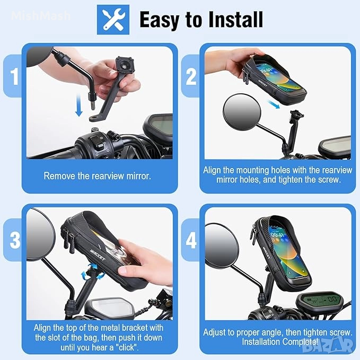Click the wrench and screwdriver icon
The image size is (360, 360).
tap(113, 20)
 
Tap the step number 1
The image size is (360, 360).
tap(14, 76)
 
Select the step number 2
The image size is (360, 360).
tap(191, 77)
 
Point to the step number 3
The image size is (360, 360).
tap(15, 240)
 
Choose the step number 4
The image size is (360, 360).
tap(191, 240)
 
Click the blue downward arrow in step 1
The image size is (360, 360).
tap(79, 106)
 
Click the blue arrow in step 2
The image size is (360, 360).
tap(274, 104)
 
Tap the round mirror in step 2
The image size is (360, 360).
tap(242, 112)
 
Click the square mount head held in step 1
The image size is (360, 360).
tap(125, 65)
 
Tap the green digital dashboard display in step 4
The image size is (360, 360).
tap(320, 300)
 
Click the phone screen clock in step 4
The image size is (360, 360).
tap(278, 235)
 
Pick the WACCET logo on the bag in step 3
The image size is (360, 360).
tap(98, 255)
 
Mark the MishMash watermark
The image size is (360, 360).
tap(41, 15)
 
